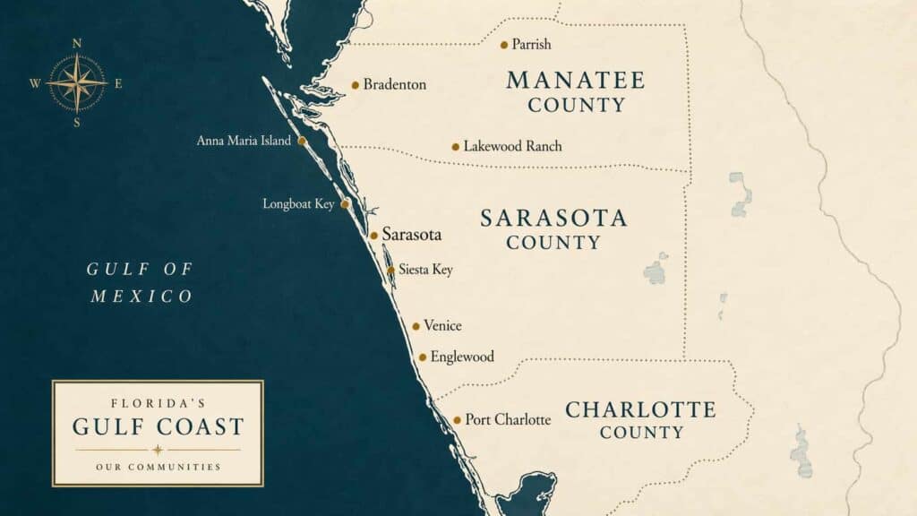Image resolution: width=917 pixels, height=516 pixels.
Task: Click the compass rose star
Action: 76,82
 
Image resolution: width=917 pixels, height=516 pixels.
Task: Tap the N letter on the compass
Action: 77,43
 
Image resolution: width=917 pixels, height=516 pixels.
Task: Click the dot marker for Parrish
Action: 504,45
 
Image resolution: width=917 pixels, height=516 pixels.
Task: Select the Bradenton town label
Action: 394,85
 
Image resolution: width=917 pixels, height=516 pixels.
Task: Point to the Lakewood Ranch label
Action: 512,146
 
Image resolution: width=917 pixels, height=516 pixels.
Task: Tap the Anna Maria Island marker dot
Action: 302,141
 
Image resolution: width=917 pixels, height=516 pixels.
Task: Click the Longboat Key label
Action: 298,204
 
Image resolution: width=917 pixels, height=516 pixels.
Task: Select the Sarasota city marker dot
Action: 373,236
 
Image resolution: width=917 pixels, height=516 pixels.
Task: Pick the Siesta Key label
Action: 425,270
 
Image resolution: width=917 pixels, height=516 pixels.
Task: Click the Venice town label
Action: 442,326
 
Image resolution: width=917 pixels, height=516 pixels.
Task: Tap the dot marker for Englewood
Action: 423,357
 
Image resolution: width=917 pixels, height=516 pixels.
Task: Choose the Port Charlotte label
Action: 508,419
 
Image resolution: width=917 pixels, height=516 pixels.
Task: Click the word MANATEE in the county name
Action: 575,80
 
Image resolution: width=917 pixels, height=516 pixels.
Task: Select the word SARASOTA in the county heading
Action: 553,218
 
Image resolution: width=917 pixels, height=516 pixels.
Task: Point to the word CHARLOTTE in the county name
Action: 640,410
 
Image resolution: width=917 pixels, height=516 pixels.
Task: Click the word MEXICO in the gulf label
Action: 141,297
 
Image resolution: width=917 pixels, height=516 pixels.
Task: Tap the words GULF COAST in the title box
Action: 158,426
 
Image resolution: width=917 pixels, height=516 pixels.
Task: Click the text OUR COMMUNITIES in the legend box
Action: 158,467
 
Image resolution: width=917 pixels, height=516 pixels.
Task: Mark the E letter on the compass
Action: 118,84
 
